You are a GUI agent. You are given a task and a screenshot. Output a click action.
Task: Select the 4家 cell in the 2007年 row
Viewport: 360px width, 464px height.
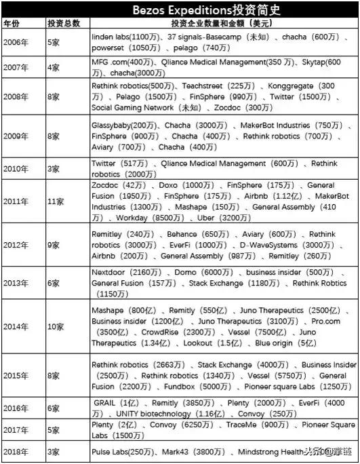54,67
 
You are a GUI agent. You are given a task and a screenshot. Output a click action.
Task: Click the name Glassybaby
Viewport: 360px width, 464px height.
113,125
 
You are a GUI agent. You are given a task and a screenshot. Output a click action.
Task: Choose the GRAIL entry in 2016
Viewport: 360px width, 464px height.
106,402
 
